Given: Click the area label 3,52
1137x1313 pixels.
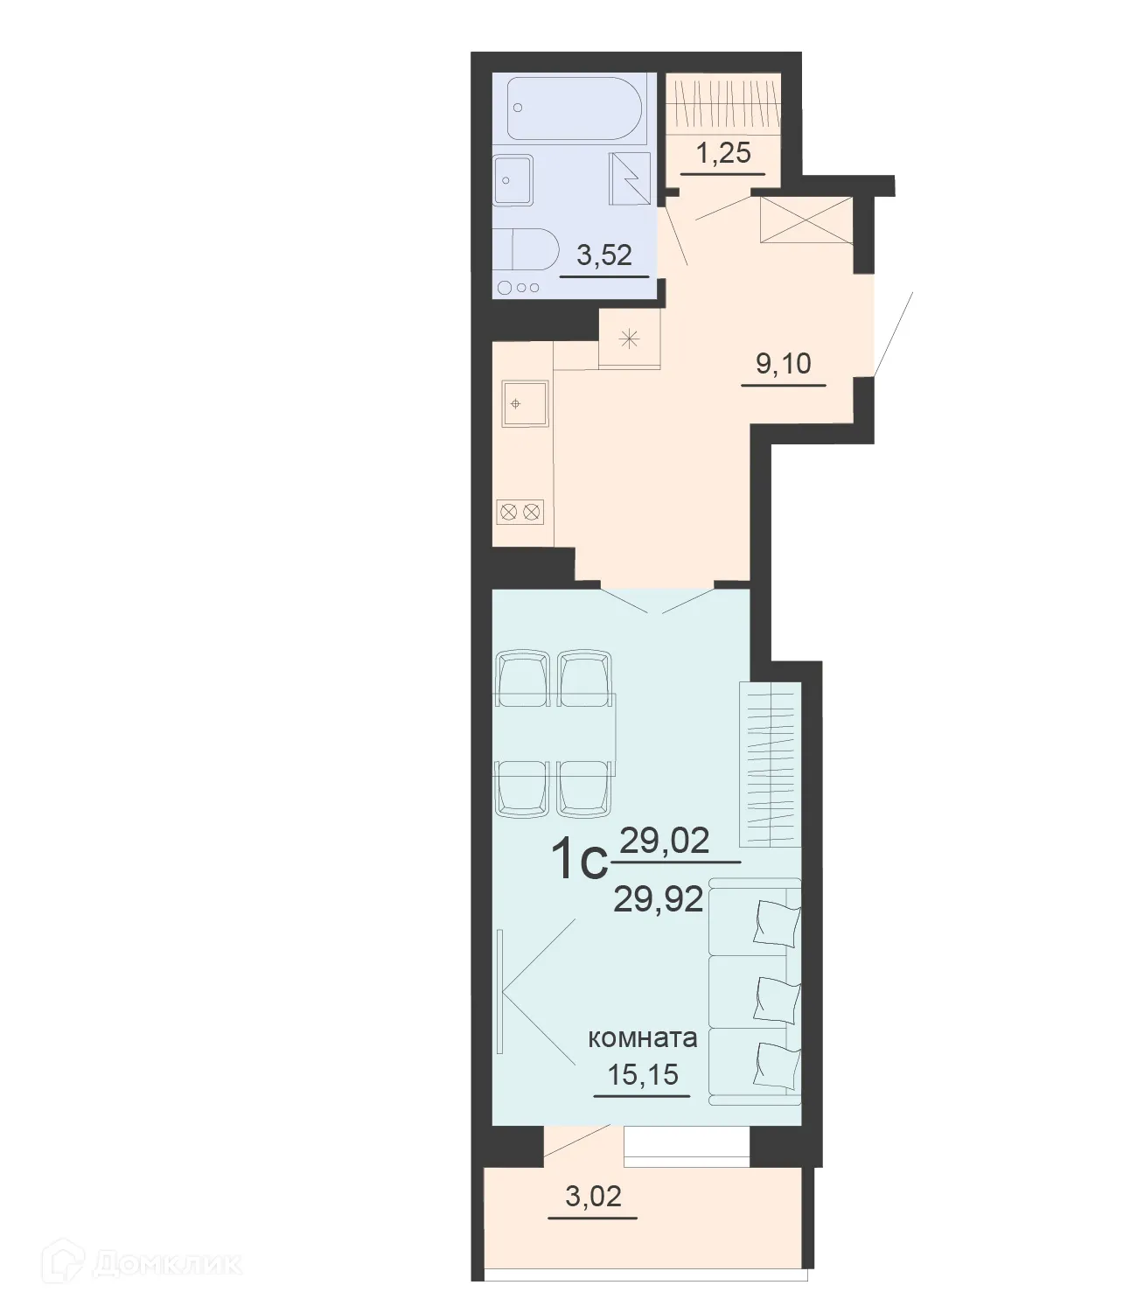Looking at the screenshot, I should [603, 255].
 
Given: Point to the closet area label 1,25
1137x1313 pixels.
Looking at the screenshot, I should [722, 153].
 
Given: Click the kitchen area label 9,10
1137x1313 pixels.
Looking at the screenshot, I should [784, 362].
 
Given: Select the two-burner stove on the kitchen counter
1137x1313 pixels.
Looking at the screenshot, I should [520, 511].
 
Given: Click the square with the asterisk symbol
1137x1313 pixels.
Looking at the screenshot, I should [630, 339].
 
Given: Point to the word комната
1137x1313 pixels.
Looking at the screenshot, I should [643, 1038].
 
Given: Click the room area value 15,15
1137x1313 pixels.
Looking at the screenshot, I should [643, 1073].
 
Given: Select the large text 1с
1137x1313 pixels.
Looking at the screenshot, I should [579, 863].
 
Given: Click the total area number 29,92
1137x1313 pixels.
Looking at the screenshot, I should [659, 898].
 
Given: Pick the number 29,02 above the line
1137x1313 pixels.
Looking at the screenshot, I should [665, 841].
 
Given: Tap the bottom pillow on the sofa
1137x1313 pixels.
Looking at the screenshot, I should [777, 1064].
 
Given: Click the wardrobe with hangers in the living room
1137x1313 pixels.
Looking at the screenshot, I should [770, 764].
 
